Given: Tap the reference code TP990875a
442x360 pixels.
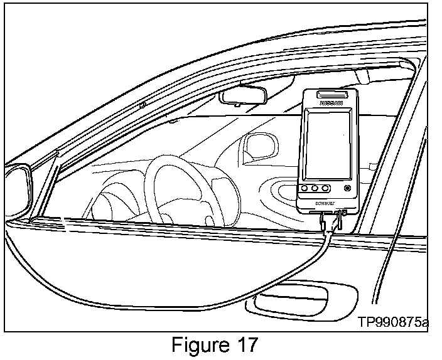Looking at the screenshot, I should [x=393, y=322].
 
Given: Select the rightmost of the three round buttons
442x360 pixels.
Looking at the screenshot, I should [x=325, y=188].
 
